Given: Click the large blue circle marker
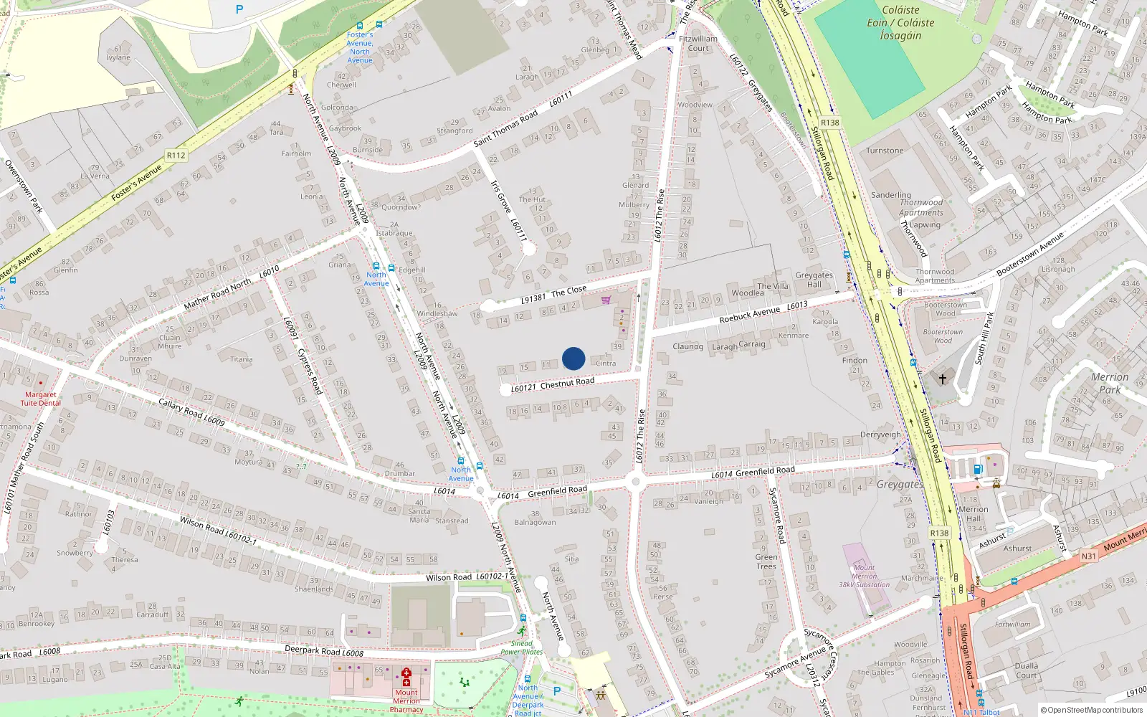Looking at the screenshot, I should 573,358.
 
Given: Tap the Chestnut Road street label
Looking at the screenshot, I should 567,384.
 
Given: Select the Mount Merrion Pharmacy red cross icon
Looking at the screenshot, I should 406,678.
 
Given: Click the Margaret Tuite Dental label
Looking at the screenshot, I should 40,399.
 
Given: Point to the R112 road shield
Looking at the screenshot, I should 176,155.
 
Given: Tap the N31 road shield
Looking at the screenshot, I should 1088,556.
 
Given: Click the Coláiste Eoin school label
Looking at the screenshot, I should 900,22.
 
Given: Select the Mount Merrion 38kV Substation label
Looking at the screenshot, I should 864,576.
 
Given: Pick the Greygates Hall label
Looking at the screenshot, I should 814,280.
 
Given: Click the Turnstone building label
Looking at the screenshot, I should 885,151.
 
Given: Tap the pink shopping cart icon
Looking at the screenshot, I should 606,300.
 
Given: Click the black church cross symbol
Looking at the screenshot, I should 943,379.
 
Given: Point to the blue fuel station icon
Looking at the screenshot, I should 977,470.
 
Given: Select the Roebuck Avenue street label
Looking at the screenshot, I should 749,315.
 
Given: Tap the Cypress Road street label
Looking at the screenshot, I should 310,371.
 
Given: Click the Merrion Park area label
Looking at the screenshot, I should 1109,383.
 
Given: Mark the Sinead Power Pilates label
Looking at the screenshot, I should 521,647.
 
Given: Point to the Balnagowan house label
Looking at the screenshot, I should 535,522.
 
